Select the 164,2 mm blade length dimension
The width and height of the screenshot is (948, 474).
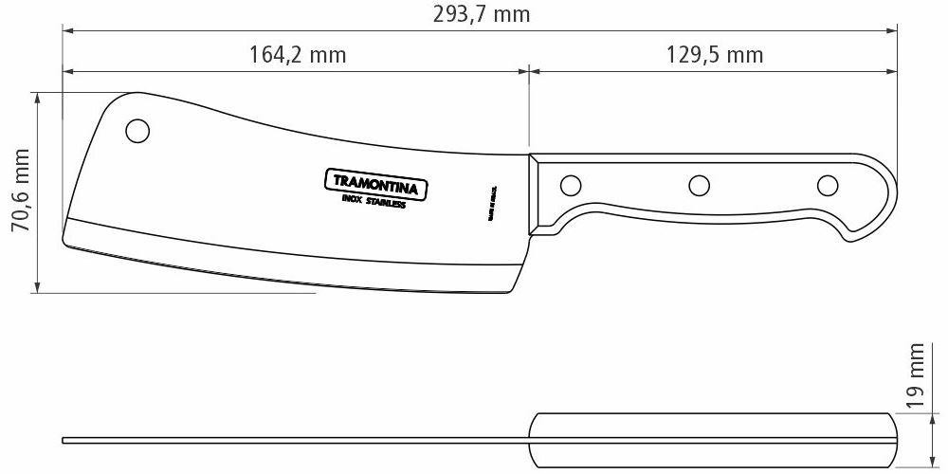tap(298, 54)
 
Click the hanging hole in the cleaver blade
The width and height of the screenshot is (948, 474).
tap(138, 130)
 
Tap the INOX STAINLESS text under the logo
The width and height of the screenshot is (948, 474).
tap(374, 202)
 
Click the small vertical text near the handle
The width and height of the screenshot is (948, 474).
tap(492, 202)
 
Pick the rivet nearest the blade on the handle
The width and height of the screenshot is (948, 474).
tap(572, 184)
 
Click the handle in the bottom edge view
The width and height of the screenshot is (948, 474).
tap(711, 440)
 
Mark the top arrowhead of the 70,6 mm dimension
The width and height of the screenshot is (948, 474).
tap(37, 97)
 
